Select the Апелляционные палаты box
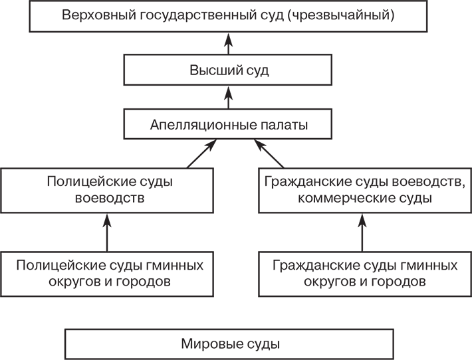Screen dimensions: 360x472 tap(229, 124)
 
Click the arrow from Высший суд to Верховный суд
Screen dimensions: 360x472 tap(228, 44)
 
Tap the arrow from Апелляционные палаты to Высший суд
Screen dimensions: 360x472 tap(228, 98)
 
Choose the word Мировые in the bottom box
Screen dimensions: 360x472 tap(206, 344)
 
